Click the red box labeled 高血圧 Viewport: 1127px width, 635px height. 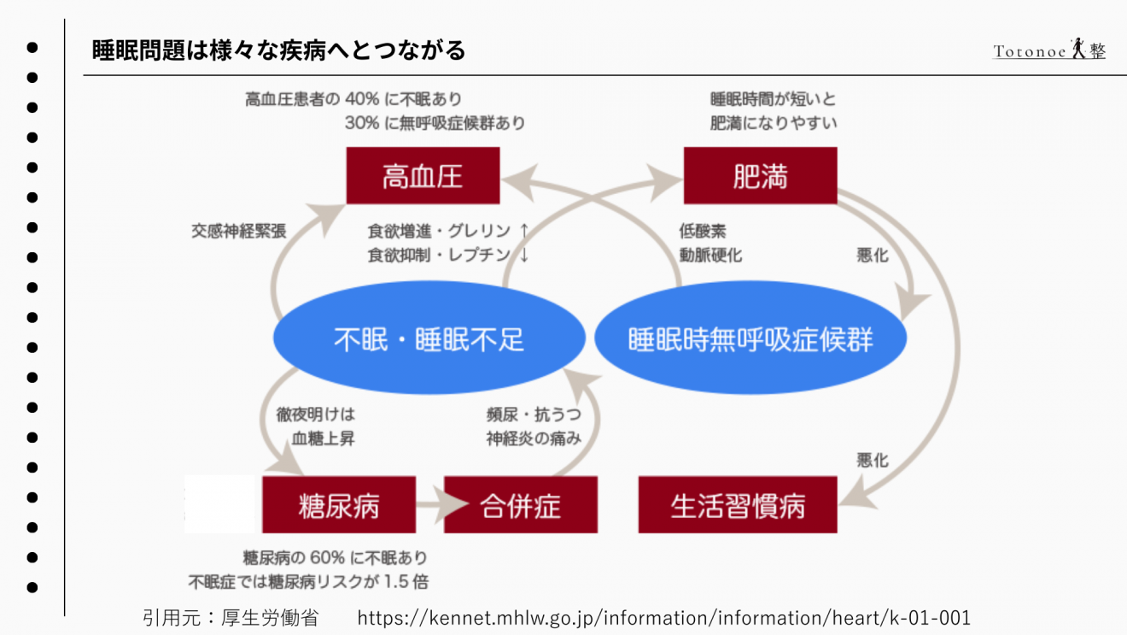423,175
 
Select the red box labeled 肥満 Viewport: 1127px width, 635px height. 760,175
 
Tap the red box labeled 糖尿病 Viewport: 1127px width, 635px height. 339,505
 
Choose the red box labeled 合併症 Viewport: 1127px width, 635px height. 521,505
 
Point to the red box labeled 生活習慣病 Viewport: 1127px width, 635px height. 738,505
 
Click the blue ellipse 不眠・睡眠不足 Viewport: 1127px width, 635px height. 429,339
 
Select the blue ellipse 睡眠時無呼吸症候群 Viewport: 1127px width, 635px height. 750,339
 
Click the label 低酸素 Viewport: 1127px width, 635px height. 703,231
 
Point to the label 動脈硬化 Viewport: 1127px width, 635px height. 710,255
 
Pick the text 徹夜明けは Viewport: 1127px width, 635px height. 315,415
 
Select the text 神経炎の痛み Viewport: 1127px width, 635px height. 534,438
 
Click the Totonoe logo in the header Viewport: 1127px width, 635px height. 1049,50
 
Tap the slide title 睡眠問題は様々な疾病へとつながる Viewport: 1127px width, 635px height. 278,50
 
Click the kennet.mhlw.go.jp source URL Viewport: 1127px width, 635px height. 663,617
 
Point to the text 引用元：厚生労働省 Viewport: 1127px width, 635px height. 231,617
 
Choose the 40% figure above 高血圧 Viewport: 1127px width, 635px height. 362,99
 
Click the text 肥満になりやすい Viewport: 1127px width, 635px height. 774,123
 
